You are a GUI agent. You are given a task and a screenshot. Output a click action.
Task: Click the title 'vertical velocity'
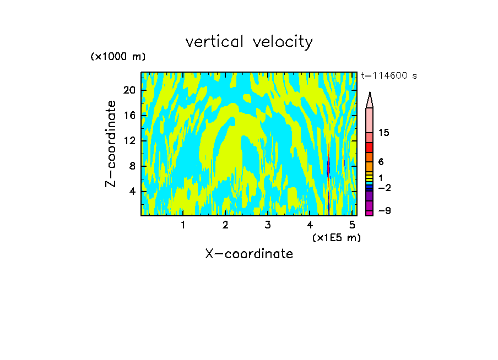tap(249, 42)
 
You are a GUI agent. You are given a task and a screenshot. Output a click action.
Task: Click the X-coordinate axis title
tap(249, 254)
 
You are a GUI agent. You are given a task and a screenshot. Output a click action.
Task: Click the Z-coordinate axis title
tap(111, 144)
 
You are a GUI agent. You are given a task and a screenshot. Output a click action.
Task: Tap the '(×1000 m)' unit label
tap(118, 57)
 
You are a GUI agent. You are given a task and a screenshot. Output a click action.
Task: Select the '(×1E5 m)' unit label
tap(337, 237)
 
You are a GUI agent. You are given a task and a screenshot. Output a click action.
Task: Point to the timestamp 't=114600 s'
tap(389, 76)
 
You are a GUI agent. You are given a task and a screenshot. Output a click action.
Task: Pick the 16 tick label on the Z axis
tap(129, 116)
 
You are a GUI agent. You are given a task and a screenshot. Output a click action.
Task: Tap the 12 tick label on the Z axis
tap(129, 141)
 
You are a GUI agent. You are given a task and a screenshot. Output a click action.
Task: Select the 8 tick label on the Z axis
tap(132, 166)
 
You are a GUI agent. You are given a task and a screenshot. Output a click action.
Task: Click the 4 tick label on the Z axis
tap(132, 192)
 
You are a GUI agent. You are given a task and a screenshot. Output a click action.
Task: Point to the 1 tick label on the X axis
tap(183, 225)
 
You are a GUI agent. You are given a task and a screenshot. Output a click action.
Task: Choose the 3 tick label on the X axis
tap(268, 225)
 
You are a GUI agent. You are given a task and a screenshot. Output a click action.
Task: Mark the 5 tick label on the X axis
tap(353, 225)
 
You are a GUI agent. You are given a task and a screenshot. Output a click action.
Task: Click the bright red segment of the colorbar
tap(370, 148)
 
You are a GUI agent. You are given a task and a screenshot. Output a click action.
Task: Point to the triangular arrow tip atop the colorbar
tap(370, 100)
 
